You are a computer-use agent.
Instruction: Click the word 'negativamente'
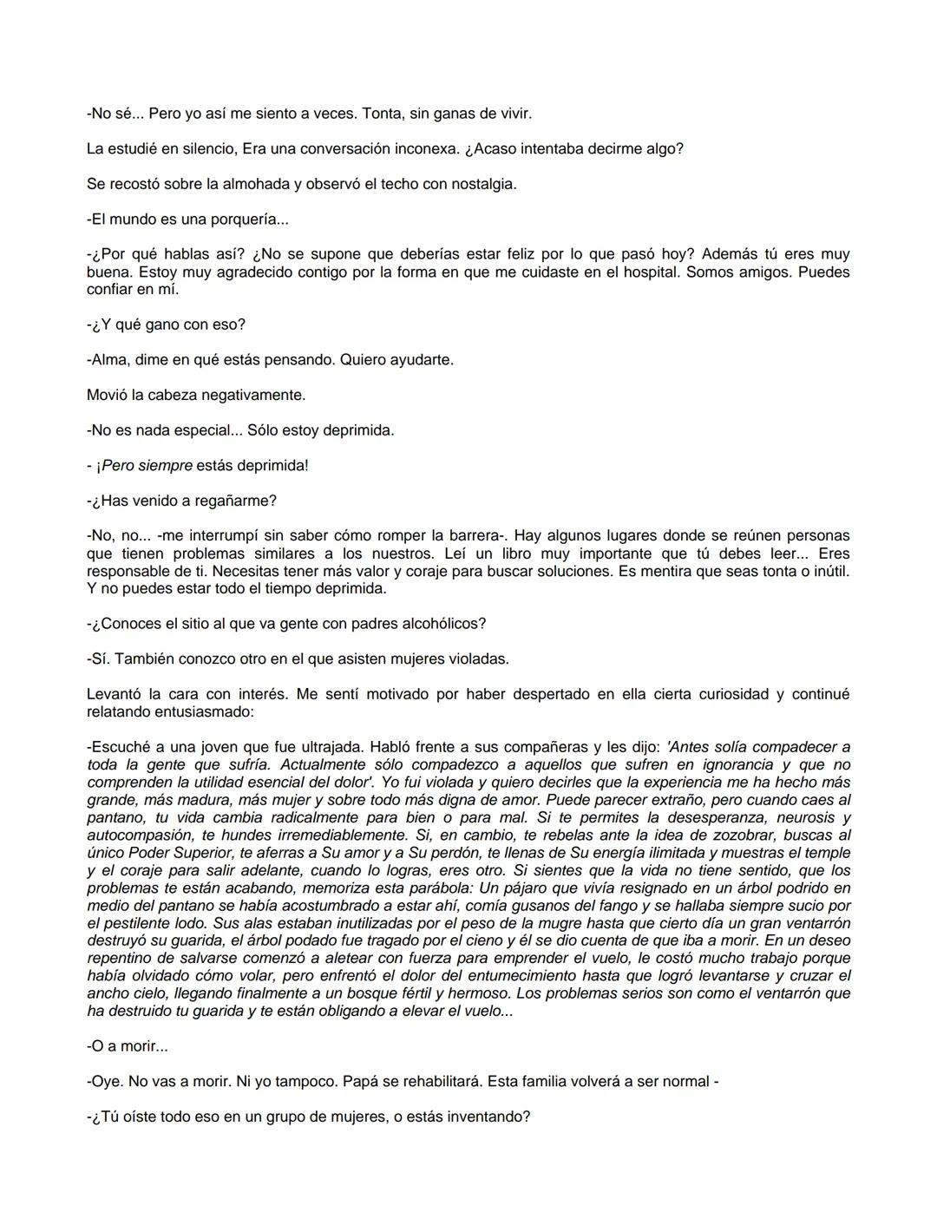[253, 395]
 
